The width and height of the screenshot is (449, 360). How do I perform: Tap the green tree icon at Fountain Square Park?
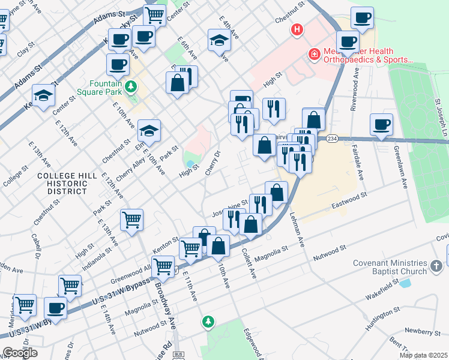pyautogui.click(x=130, y=88)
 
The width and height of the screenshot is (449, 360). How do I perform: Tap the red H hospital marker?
pyautogui.click(x=296, y=29)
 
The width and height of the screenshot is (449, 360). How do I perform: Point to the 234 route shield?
pyautogui.click(x=331, y=139)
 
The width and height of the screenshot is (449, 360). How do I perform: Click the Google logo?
pyautogui.click(x=20, y=352)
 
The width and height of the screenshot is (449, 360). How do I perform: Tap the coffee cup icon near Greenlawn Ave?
pyautogui.click(x=382, y=125)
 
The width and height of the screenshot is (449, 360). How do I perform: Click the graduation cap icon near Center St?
pyautogui.click(x=43, y=96)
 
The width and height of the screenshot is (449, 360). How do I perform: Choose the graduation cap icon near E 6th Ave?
pyautogui.click(x=219, y=41)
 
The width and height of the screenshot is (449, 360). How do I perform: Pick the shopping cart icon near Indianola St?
pyautogui.click(x=131, y=220)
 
